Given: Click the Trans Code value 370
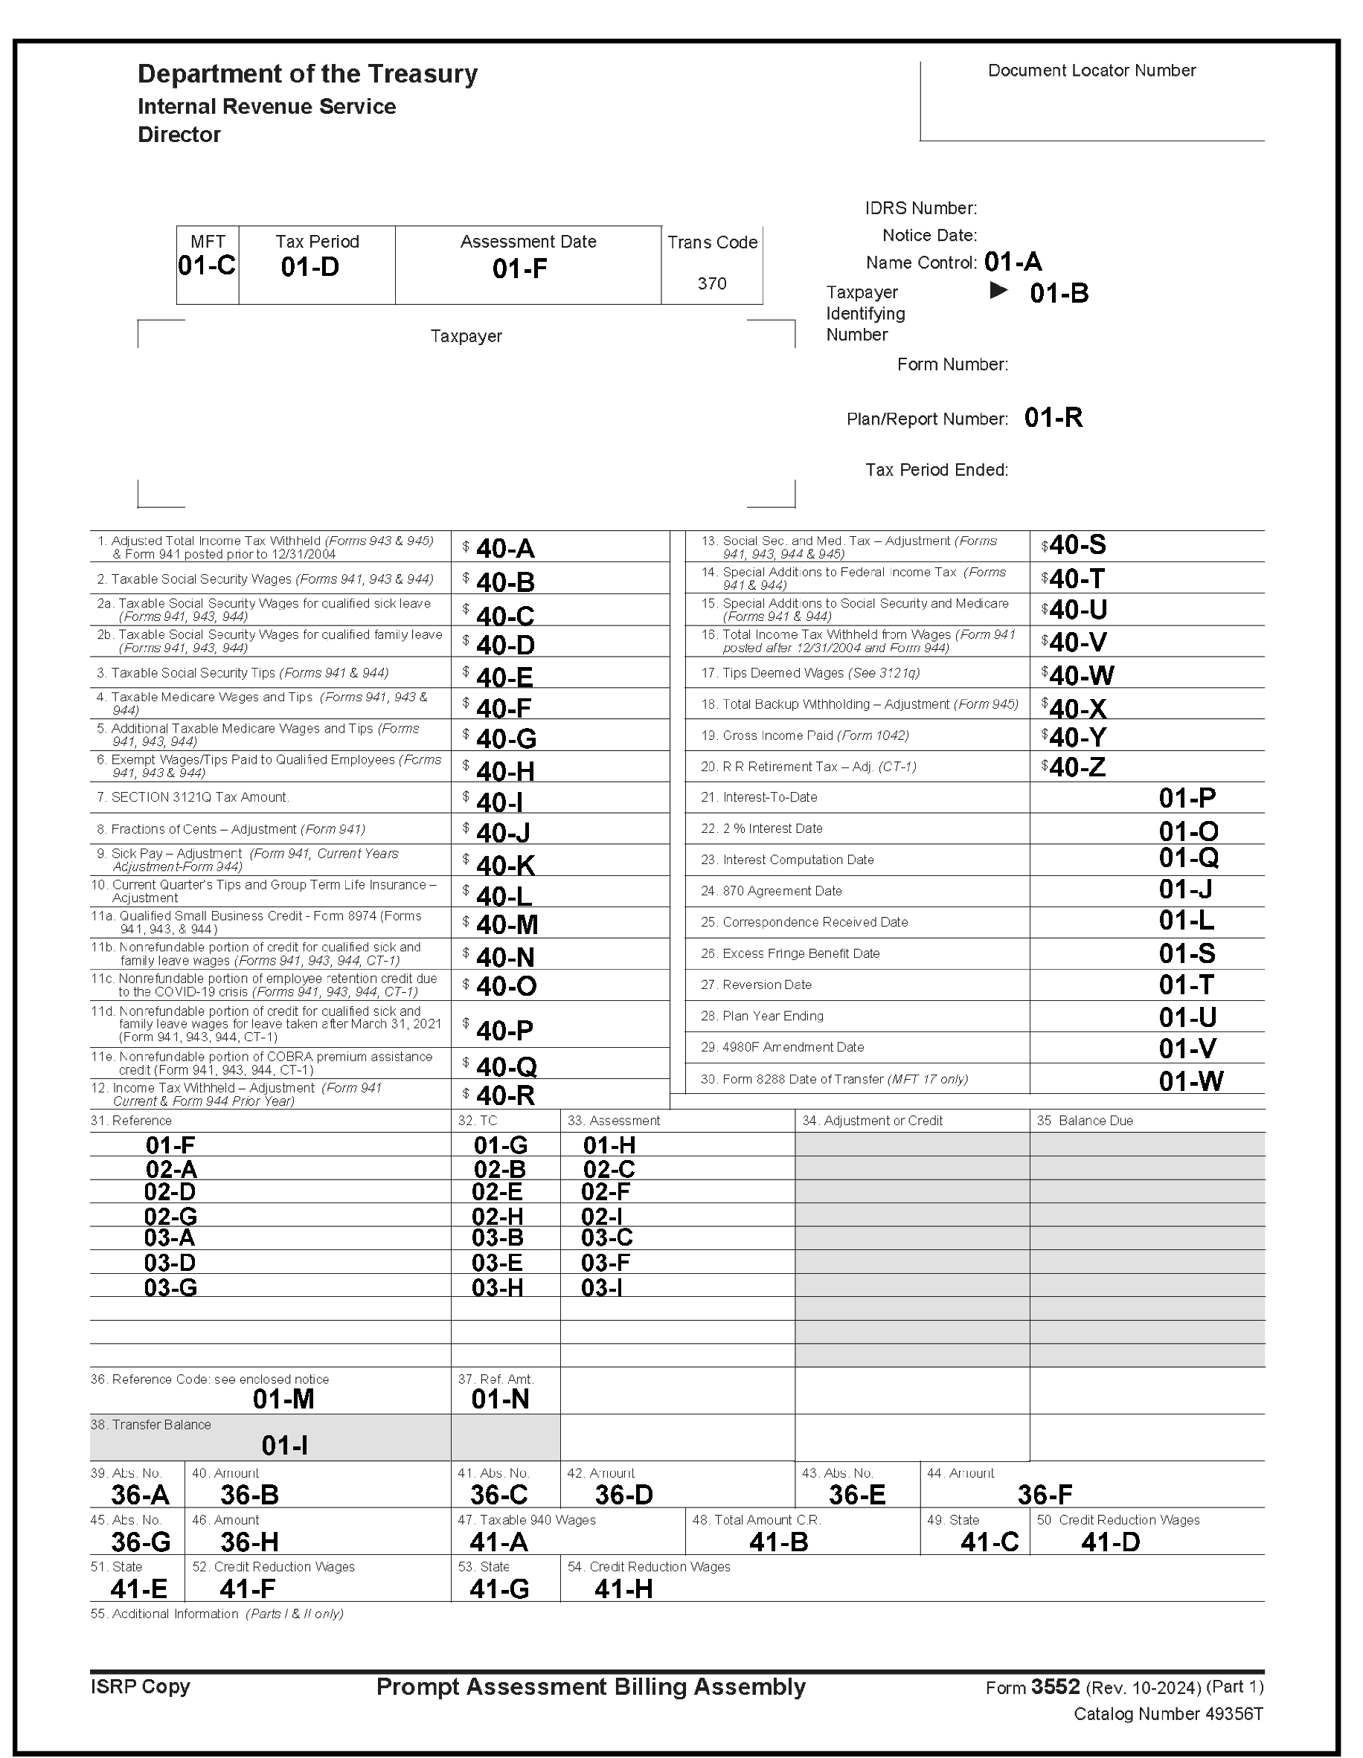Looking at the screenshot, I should tap(712, 283).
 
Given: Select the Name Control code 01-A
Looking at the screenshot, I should tap(1013, 262).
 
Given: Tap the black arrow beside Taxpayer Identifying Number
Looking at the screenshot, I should tap(998, 291).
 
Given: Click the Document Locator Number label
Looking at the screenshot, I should tap(1091, 71).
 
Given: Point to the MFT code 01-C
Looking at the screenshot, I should tap(207, 265).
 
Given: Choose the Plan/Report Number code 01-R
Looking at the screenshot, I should tap(1053, 418).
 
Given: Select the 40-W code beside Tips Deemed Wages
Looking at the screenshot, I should tap(1081, 675).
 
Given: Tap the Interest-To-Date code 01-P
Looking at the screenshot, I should tap(1187, 798).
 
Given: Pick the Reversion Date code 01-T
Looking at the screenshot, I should tap(1186, 985).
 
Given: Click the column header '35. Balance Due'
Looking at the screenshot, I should tap(1085, 1121).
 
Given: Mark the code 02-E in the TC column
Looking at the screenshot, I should tap(497, 1192).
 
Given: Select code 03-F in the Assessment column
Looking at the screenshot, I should tap(606, 1262).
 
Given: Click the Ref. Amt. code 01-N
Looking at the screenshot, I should tap(500, 1399).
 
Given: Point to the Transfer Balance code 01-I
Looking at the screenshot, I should tap(284, 1446).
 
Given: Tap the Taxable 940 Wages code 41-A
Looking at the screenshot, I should tap(498, 1542).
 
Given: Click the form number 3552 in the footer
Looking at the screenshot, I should tap(1055, 1687).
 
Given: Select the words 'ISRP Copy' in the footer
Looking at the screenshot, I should tap(140, 1687).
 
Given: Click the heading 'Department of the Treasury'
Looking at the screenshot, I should tap(307, 74).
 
